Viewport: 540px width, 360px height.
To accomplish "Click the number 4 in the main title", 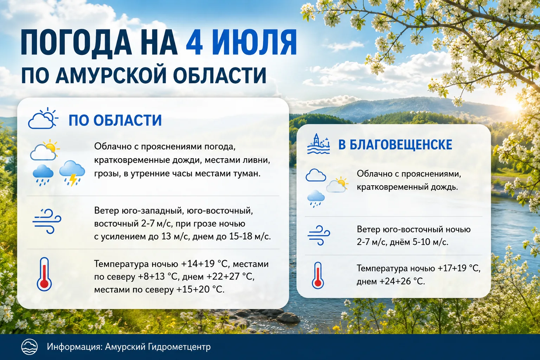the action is [x=194, y=43].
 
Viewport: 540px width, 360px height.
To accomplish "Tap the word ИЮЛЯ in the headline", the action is [x=254, y=43].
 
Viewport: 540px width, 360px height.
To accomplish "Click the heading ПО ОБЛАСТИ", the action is [x=115, y=120].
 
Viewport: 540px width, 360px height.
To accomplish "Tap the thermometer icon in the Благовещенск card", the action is [x=318, y=275].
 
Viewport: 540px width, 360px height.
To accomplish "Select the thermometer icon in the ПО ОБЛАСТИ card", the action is [x=44, y=274].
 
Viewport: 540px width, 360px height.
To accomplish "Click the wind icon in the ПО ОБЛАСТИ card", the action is [x=47, y=221].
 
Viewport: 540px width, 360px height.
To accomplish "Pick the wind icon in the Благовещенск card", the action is [x=319, y=235].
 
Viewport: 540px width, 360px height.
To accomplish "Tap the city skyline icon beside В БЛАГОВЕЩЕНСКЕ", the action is [x=319, y=144].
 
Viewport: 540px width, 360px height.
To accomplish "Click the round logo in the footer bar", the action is [x=30, y=347].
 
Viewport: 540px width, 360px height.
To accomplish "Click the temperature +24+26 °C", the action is [x=402, y=281].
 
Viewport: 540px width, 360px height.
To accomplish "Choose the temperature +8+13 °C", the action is [x=158, y=277].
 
